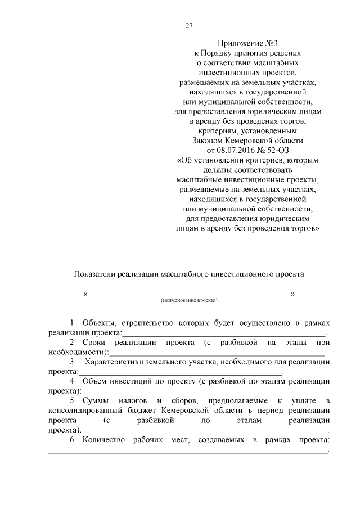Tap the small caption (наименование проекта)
pyautogui.click(x=189, y=301)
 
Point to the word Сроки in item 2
pyautogui.click(x=93, y=342)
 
